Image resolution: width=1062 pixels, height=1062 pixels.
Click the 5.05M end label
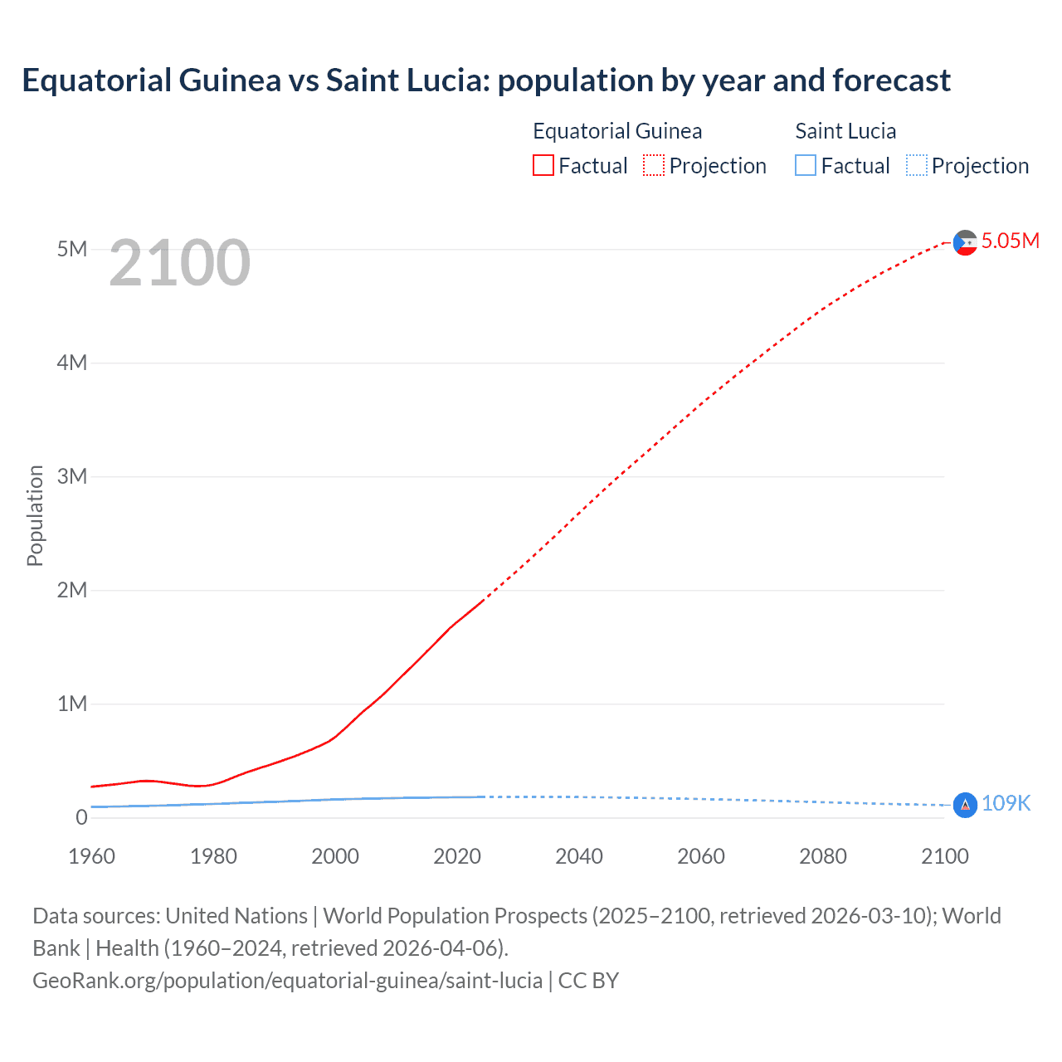(1010, 241)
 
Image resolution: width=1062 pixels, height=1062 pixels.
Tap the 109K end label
(1006, 803)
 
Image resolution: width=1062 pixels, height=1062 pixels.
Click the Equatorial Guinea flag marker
(965, 242)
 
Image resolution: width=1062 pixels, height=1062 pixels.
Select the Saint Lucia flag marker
(965, 805)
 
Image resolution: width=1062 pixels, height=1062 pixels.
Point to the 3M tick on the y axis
(72, 476)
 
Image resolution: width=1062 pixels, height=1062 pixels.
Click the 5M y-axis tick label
(72, 249)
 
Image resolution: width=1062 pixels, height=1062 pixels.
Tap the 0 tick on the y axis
(81, 817)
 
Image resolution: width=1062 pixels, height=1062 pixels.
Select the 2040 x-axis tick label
(579, 856)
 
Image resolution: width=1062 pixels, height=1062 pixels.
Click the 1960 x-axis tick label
(91, 856)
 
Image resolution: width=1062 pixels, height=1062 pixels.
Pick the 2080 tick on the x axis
(823, 856)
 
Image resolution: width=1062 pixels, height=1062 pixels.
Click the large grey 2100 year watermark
(179, 263)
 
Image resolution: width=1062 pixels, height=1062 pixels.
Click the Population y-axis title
(35, 515)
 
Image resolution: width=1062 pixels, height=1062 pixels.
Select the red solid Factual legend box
(543, 166)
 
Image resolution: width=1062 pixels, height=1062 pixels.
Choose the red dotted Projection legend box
(654, 166)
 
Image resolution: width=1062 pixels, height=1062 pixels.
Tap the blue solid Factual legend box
(806, 166)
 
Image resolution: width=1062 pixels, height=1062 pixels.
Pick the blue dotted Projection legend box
(917, 166)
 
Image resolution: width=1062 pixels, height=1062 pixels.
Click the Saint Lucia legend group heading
(845, 131)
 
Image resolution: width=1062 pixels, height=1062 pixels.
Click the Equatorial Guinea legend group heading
(617, 131)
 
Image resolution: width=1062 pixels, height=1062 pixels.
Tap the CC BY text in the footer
(588, 980)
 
